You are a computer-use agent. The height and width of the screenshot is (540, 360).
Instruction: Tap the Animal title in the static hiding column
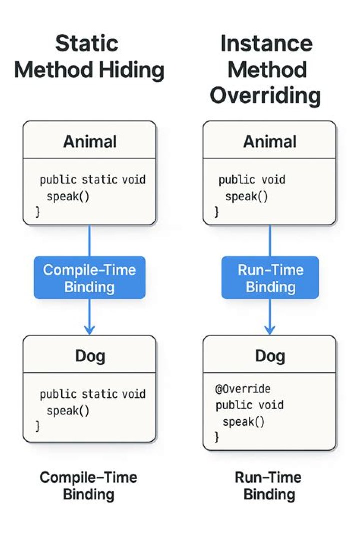coord(90,142)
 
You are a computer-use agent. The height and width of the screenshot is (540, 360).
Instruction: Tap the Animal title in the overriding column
coord(270,142)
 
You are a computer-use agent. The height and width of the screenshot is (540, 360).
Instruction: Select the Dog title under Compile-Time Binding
coord(90,356)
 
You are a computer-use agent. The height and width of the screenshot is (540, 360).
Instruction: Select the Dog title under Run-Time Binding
coord(270,356)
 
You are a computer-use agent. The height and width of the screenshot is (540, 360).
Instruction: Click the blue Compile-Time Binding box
coord(89,278)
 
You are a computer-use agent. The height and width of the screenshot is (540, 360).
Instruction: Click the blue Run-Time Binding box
coord(270,278)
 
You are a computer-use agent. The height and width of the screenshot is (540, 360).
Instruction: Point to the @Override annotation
coord(243,388)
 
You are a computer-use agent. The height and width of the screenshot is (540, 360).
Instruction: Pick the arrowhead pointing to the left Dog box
coord(89,329)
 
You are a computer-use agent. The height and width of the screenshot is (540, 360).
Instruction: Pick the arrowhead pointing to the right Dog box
coord(270,329)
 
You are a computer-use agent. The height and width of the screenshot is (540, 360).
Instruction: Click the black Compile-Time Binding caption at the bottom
coord(88,486)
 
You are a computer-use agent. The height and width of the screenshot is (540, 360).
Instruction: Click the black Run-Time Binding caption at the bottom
coord(268,486)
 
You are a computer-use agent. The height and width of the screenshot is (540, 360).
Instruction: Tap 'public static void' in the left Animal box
coord(93,179)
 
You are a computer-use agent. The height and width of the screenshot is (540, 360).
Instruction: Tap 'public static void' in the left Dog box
coord(93,394)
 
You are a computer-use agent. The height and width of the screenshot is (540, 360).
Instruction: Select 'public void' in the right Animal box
coord(252,179)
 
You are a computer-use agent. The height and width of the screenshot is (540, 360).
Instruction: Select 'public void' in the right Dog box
coord(249,405)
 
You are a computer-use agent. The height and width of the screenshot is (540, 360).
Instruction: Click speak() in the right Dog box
coord(243,421)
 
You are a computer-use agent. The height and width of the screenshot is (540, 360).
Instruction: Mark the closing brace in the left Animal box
coord(37,212)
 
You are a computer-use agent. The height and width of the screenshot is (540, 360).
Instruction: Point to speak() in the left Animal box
coord(68,196)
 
